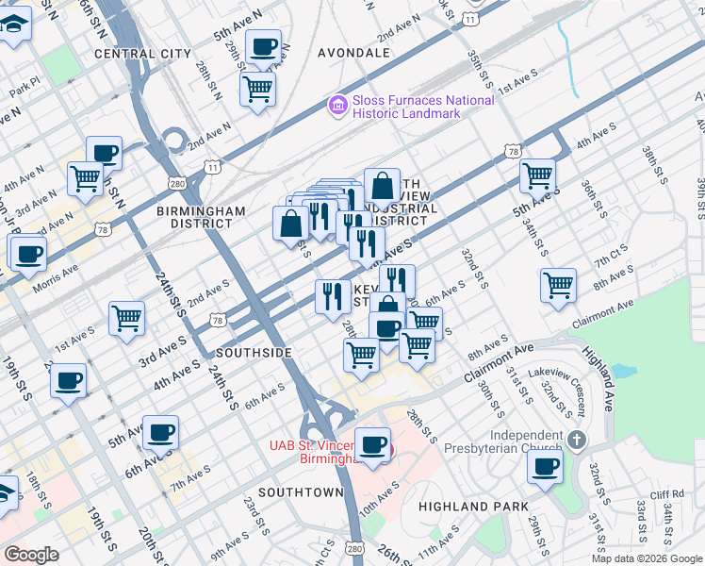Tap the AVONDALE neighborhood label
coord(353,52)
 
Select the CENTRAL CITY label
coord(142,54)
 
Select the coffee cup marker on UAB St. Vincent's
coord(373,445)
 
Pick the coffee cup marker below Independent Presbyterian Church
coord(545,466)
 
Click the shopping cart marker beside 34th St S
coord(559,285)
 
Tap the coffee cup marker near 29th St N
coord(263,46)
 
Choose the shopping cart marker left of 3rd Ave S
coord(126,319)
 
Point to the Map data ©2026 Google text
coord(646,558)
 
